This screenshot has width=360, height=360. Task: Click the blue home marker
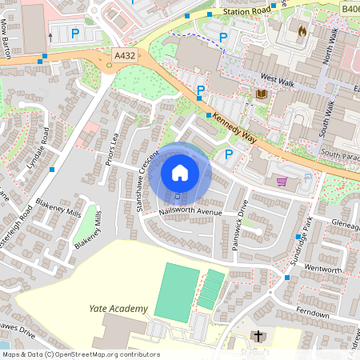coord(180,173)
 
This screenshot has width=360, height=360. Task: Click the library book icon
coord(261,94)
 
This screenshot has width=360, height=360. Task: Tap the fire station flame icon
coord(302,31)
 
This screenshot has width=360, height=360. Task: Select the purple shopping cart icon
coord(282,182)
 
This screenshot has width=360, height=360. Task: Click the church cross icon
coord(258,337)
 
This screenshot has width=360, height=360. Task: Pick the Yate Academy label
coord(118,309)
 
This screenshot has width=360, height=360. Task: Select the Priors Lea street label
coord(115,147)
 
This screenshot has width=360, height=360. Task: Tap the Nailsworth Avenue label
coord(190,213)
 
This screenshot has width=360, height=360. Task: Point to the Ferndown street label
coord(311,314)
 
